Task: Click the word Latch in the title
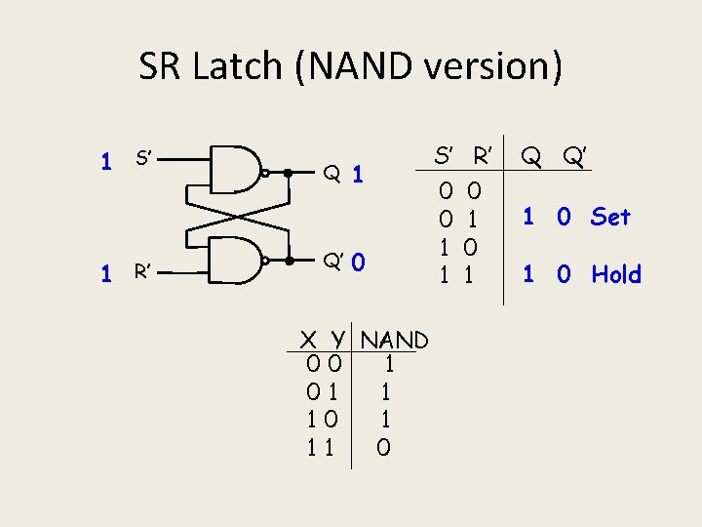pos(250,66)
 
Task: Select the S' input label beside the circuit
pos(147,160)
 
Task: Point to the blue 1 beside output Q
pos(358,175)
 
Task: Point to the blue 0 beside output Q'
pos(359,263)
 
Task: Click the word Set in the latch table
pos(610,217)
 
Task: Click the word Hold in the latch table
pos(616,274)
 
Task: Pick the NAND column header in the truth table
pos(394,341)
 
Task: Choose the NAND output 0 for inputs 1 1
pos(383,448)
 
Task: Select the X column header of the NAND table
pos(308,341)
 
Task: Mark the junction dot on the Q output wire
pos(287,172)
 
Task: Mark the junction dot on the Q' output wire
pos(290,262)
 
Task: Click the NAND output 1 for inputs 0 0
pos(388,366)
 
